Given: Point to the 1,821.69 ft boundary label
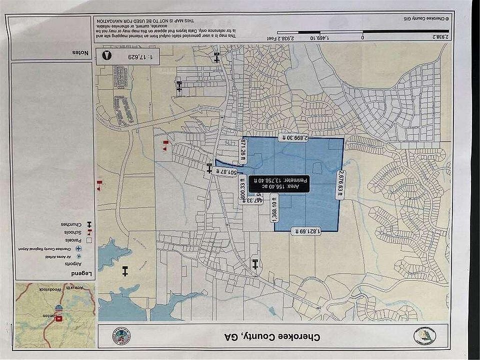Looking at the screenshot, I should pos(307,231).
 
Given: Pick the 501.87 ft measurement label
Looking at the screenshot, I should pos(225,171).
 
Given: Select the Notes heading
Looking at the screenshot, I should pos(81,52).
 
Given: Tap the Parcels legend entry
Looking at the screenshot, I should pos(75,240).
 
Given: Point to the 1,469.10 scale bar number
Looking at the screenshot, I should pos(305,37).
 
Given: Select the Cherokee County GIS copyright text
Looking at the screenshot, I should pos(424,18).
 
